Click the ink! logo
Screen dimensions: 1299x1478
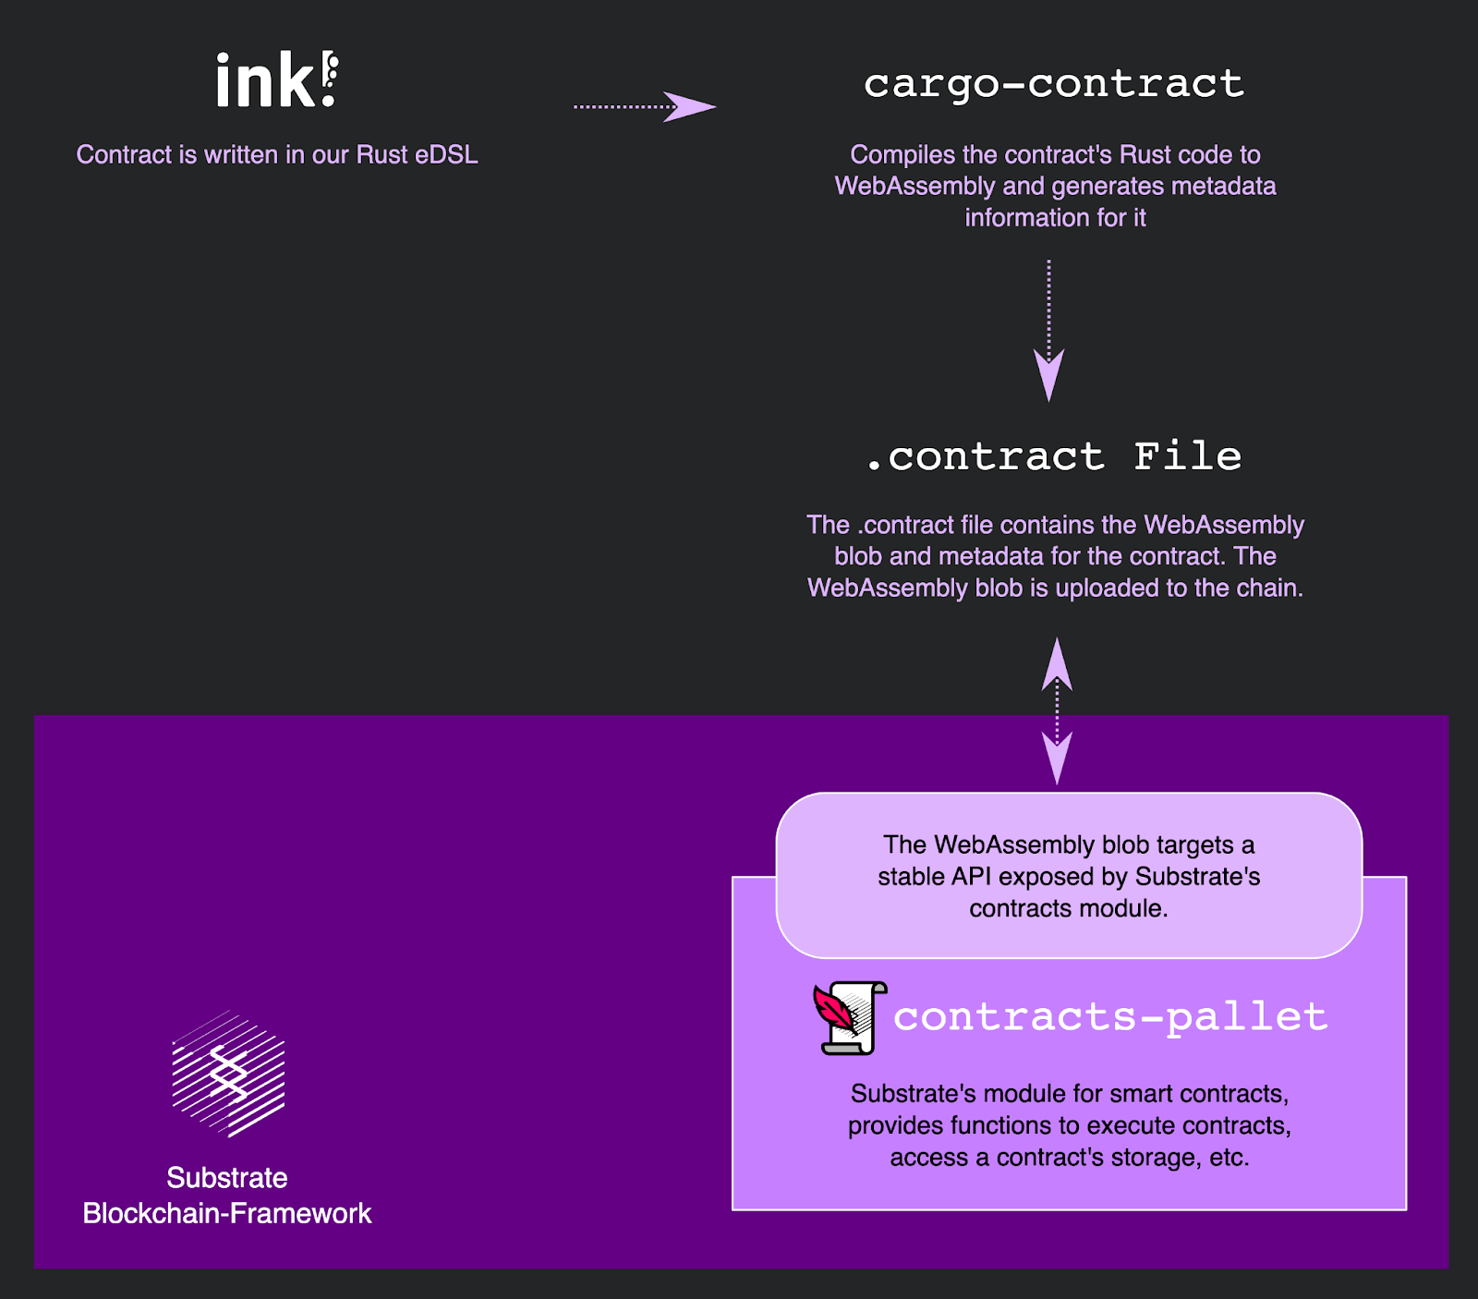click(276, 79)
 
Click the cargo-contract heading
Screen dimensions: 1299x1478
click(1054, 84)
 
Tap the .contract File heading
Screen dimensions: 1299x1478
click(1054, 456)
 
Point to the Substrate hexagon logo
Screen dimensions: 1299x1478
click(228, 1074)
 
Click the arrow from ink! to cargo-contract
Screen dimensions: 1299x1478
click(644, 106)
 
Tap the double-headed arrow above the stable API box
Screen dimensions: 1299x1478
click(1057, 710)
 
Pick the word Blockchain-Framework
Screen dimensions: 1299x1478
click(227, 1213)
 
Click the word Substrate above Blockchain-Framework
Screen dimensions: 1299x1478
click(227, 1178)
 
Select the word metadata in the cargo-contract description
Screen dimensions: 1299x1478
click(1223, 186)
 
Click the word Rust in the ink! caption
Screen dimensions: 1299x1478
click(382, 154)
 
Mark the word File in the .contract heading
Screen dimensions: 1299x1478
click(1187, 456)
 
